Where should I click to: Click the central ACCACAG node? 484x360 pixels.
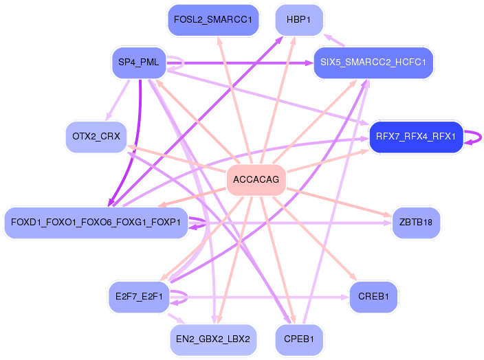point(256,179)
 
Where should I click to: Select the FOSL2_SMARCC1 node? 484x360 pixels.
point(213,20)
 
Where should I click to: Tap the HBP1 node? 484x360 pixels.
point(299,20)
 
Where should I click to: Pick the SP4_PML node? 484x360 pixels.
point(139,63)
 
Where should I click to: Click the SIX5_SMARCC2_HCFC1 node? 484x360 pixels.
point(373,63)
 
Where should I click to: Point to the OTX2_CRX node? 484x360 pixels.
point(96,137)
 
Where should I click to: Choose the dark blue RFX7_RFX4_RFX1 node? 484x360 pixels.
point(416,137)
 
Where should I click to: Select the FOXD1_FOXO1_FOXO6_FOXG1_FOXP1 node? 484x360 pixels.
point(96,223)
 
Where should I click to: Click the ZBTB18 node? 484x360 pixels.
point(416,223)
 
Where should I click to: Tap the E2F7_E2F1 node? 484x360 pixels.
point(139,297)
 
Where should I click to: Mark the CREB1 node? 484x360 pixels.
point(373,297)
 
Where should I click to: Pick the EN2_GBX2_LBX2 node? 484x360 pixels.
point(213,339)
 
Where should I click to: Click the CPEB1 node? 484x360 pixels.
point(299,339)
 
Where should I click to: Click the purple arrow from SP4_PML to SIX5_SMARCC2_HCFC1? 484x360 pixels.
point(240,63)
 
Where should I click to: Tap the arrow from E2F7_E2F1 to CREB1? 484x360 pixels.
point(260,297)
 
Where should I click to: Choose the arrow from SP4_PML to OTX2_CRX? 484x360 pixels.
point(118,100)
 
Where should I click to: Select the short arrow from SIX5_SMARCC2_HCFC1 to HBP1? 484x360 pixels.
point(334,41)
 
